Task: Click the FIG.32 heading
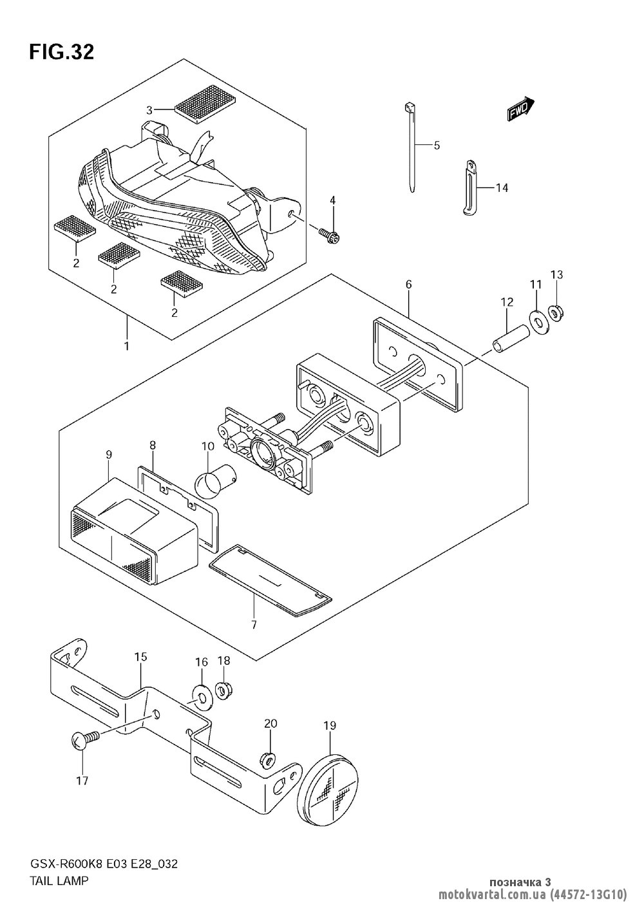(61, 52)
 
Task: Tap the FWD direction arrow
(520, 108)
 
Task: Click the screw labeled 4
(329, 236)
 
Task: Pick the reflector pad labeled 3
(205, 104)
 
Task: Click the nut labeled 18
(223, 689)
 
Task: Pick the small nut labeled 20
(269, 759)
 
